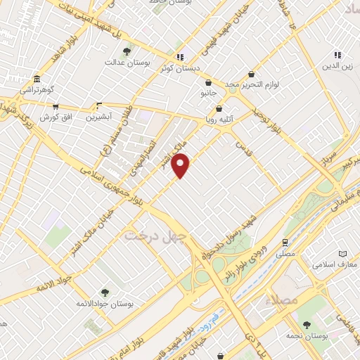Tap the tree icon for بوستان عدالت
point(127,51)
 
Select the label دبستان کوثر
point(188,68)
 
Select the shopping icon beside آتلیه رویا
point(219,109)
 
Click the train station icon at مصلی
point(285,240)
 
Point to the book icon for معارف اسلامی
point(342,253)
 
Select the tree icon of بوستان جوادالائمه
point(105,292)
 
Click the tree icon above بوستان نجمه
point(307,324)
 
